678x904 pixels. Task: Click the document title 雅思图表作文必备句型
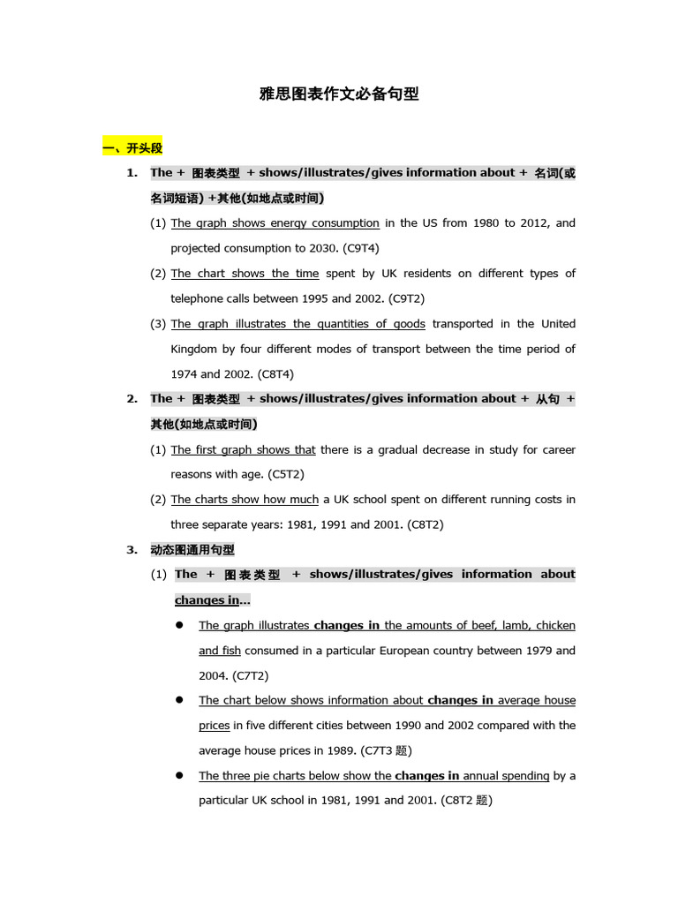coord(338,94)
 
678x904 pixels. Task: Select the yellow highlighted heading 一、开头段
coord(133,147)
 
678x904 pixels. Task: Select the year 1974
coord(185,374)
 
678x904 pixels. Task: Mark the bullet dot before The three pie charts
coord(178,775)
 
